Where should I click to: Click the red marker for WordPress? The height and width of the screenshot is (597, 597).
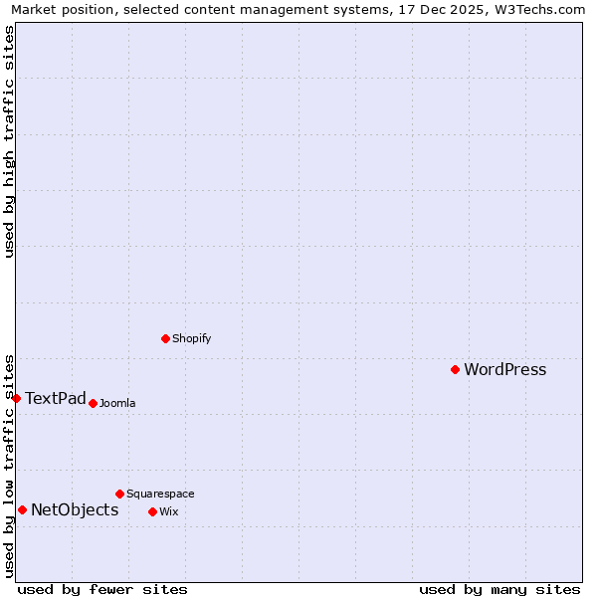pyautogui.click(x=455, y=369)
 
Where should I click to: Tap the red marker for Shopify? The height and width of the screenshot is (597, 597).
pyautogui.click(x=165, y=338)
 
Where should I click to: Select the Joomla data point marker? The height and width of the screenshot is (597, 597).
pyautogui.click(x=93, y=403)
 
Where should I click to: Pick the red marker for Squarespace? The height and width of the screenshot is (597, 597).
pyautogui.click(x=119, y=494)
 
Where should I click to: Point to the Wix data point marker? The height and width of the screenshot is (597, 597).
pyautogui.click(x=152, y=511)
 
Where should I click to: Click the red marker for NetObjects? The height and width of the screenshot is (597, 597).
pyautogui.click(x=22, y=509)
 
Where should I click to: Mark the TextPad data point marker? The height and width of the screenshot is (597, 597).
pyautogui.click(x=16, y=398)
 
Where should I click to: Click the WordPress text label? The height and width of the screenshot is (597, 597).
pyautogui.click(x=504, y=370)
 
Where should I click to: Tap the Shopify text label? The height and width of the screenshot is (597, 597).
pyautogui.click(x=191, y=338)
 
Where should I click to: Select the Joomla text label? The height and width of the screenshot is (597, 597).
pyautogui.click(x=117, y=403)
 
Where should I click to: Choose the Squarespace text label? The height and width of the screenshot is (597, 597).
pyautogui.click(x=160, y=494)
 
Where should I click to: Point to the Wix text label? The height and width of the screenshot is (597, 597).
pyautogui.click(x=168, y=511)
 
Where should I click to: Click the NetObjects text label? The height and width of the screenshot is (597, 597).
pyautogui.click(x=75, y=510)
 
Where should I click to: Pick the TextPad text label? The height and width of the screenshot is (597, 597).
pyautogui.click(x=56, y=399)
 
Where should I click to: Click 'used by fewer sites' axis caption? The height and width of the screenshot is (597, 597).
pyautogui.click(x=102, y=589)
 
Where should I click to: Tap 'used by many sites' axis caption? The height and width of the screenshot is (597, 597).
pyautogui.click(x=499, y=589)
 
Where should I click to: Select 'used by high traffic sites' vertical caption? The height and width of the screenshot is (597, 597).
pyautogui.click(x=9, y=141)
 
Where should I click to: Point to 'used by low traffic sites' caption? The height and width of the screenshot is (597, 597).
pyautogui.click(x=9, y=465)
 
